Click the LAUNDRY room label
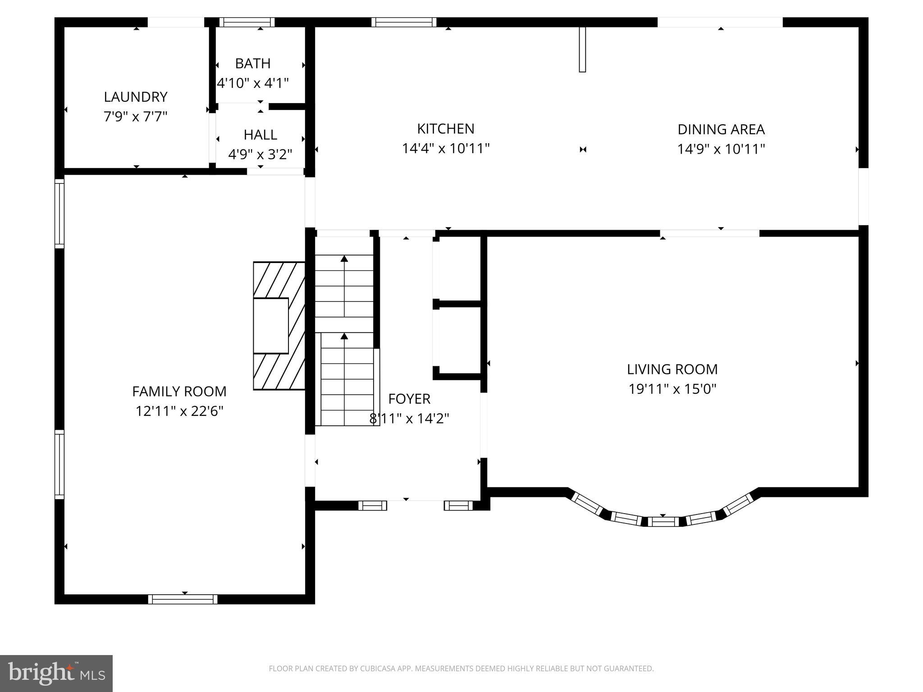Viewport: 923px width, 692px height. pos(136,97)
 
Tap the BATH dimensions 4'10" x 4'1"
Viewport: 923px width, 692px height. pos(253,83)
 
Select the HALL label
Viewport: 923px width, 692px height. pos(260,135)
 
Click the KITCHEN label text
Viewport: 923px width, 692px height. pos(445,129)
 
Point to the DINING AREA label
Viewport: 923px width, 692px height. pos(721,129)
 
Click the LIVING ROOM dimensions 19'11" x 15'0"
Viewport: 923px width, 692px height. pos(672,389)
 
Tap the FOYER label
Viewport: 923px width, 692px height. pos(409,399)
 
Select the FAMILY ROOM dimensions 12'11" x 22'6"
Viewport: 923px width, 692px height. pos(179,411)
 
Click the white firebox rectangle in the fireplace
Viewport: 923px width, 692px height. pos(270,326)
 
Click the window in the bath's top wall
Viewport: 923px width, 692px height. pos(247,22)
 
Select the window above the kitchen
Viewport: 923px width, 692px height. pos(404,22)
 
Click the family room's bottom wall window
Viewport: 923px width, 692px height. pos(183,599)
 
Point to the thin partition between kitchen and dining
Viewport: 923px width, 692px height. pos(582,49)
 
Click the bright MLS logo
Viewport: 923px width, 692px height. pos(56,674)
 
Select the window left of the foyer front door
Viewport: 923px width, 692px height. pos(372,506)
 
